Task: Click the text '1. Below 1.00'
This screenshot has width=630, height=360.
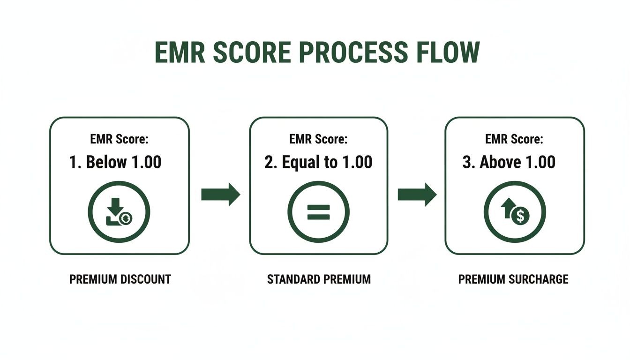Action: (x=115, y=162)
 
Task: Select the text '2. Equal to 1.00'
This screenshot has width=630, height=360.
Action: (x=318, y=162)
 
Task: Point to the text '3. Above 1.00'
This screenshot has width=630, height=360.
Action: (x=509, y=162)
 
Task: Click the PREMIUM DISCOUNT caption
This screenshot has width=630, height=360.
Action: (x=120, y=279)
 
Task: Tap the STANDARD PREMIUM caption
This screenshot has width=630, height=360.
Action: (x=319, y=279)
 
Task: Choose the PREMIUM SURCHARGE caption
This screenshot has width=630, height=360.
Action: (x=513, y=279)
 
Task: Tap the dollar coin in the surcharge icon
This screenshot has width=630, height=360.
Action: (x=520, y=216)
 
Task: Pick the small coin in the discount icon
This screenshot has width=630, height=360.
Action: (x=126, y=218)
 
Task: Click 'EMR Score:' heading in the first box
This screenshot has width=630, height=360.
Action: (x=119, y=139)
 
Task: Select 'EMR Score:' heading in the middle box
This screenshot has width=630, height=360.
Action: (x=318, y=139)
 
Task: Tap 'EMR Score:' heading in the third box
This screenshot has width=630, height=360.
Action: (x=514, y=139)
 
